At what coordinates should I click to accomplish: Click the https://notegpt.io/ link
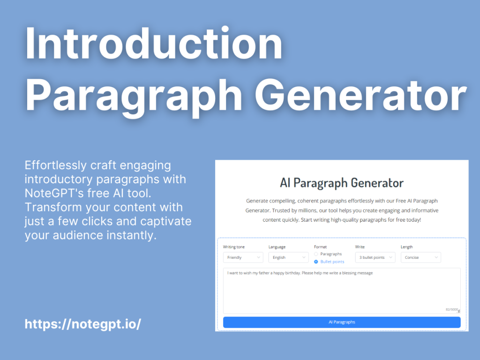coord(82,324)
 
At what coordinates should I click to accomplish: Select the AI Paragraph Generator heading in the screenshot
coord(341,182)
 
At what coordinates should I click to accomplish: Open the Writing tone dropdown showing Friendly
coord(243,257)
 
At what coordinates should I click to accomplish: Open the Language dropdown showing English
coord(288,257)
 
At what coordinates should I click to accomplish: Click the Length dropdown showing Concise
coord(420,257)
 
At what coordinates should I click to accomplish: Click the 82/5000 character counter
coord(451,309)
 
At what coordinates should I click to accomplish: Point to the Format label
coord(320,247)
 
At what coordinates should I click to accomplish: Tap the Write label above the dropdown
coord(360,247)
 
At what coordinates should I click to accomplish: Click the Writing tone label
coord(233,247)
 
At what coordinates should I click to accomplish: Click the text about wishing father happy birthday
coord(300,273)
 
